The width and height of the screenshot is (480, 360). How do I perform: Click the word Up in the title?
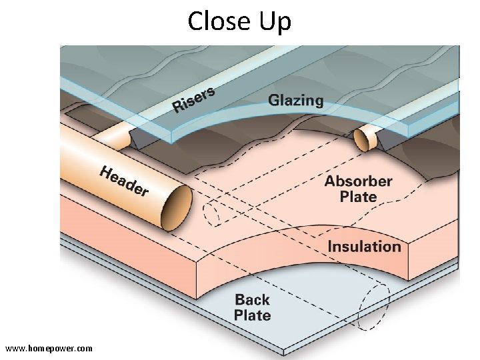click(x=274, y=23)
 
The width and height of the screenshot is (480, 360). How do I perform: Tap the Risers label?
click(x=194, y=99)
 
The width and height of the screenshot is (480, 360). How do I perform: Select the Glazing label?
click(x=295, y=101)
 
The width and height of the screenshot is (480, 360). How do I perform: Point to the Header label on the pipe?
click(x=124, y=181)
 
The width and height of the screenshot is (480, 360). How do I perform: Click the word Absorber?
click(x=358, y=181)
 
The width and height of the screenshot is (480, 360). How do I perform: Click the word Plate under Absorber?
click(x=358, y=197)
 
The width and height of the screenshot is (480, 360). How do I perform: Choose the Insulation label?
click(x=364, y=247)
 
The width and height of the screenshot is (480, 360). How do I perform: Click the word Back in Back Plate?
click(x=252, y=300)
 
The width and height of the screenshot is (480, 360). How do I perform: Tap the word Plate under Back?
click(x=252, y=315)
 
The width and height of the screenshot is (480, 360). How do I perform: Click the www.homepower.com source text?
click(x=49, y=349)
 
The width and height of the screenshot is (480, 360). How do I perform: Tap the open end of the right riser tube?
click(x=362, y=140)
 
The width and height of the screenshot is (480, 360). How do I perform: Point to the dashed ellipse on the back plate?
click(x=374, y=306)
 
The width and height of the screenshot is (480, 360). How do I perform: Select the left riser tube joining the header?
click(x=113, y=136)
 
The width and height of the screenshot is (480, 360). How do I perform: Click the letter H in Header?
click(x=106, y=173)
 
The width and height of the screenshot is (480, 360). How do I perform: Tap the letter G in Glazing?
click(x=274, y=101)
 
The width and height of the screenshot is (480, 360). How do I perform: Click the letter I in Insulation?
click(x=330, y=247)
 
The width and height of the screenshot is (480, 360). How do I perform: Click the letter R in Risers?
click(x=178, y=106)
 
